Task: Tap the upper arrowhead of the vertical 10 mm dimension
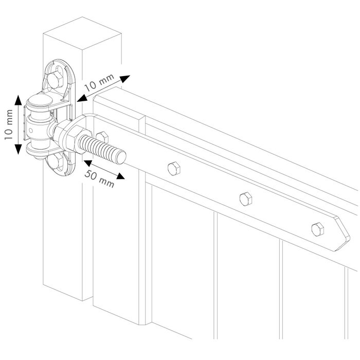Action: pos(19,99)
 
